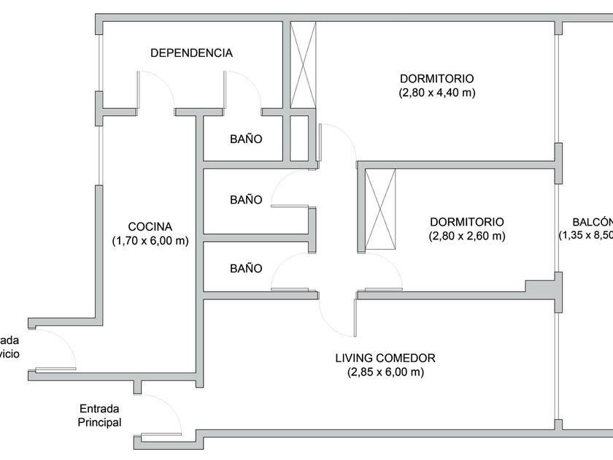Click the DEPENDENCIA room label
(191, 53)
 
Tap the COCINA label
(150, 226)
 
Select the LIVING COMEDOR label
(385, 359)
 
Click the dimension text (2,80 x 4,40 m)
(437, 93)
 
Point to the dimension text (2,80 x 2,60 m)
(467, 236)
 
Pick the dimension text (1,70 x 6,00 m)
(150, 240)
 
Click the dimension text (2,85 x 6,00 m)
(385, 372)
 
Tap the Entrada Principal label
(101, 415)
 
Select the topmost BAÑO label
(246, 139)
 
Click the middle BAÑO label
(246, 199)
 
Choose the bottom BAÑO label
(246, 268)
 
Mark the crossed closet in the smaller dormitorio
(380, 210)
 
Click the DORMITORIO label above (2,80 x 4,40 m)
(437, 79)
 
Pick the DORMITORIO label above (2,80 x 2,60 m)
(467, 222)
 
